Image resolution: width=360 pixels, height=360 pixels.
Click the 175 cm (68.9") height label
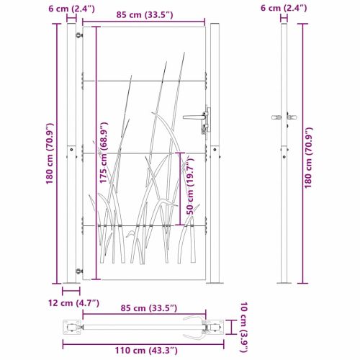coord(104,153)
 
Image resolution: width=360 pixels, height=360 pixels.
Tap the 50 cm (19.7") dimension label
coord(190,185)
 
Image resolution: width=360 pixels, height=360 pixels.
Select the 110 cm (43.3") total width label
coord(146,351)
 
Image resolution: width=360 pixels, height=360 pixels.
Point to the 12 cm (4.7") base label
coord(73,303)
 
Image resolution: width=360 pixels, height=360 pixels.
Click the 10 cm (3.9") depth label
coord(244,327)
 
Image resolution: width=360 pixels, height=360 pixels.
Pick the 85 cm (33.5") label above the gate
coord(145,15)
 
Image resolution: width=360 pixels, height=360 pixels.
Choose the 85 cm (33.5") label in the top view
coord(149,308)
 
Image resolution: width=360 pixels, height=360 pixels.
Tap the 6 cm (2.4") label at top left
coord(71,9)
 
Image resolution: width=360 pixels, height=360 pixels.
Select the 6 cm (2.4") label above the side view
coord(284,8)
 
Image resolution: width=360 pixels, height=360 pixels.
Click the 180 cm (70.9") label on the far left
coord(50,153)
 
